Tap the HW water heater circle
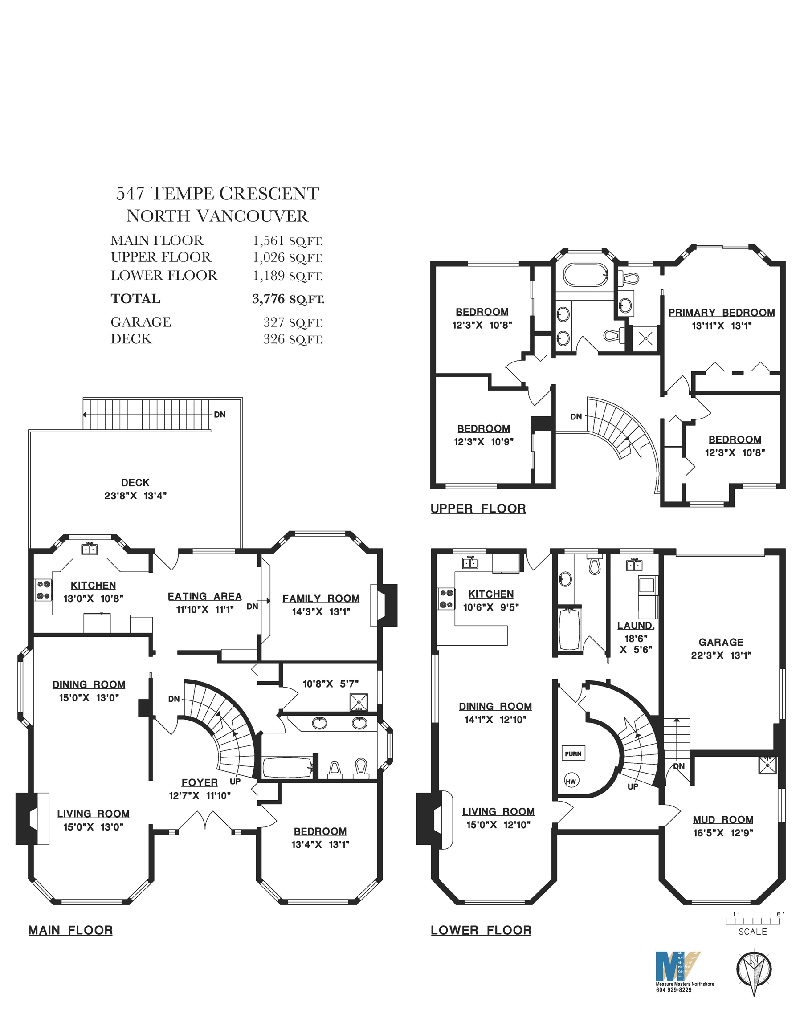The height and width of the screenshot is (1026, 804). point(571,781)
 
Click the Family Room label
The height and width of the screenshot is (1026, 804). point(321,598)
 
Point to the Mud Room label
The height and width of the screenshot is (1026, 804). point(723,820)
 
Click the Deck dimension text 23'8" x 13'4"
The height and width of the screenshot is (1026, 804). point(135,496)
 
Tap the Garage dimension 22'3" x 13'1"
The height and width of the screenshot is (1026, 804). point(721,655)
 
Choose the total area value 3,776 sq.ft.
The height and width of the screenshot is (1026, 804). point(288,299)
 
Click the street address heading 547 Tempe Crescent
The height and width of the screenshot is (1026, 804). point(217,193)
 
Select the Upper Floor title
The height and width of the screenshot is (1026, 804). point(478,509)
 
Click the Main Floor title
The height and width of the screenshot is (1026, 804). point(71,930)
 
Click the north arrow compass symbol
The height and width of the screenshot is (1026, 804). point(754,970)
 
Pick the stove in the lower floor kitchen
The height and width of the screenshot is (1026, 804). point(446,598)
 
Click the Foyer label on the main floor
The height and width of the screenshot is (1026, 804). point(200,783)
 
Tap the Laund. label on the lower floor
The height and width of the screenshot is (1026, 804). point(636,626)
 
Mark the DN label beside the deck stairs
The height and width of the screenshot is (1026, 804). point(220,415)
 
